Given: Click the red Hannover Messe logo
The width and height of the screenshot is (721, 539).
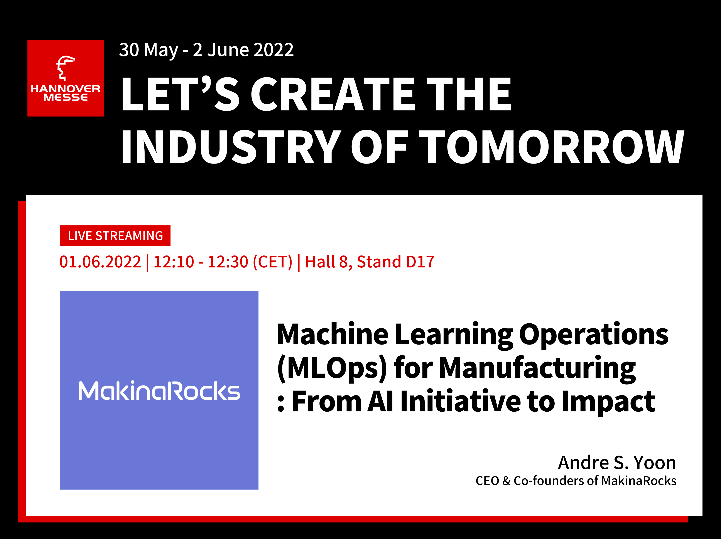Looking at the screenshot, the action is click(66, 78).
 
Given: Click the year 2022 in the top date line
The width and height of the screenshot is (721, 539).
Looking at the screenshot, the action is click(274, 50).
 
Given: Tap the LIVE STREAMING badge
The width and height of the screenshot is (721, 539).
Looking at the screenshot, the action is click(115, 236).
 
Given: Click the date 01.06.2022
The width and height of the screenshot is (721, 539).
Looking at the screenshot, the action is click(100, 262).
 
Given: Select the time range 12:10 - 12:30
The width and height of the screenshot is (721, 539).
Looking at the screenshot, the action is click(201, 262).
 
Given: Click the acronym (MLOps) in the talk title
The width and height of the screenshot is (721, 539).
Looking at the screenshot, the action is click(332, 369).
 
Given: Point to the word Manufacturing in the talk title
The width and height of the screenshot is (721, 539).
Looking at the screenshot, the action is click(537, 369).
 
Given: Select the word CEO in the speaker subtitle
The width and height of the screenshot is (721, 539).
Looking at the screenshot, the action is click(487, 481).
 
